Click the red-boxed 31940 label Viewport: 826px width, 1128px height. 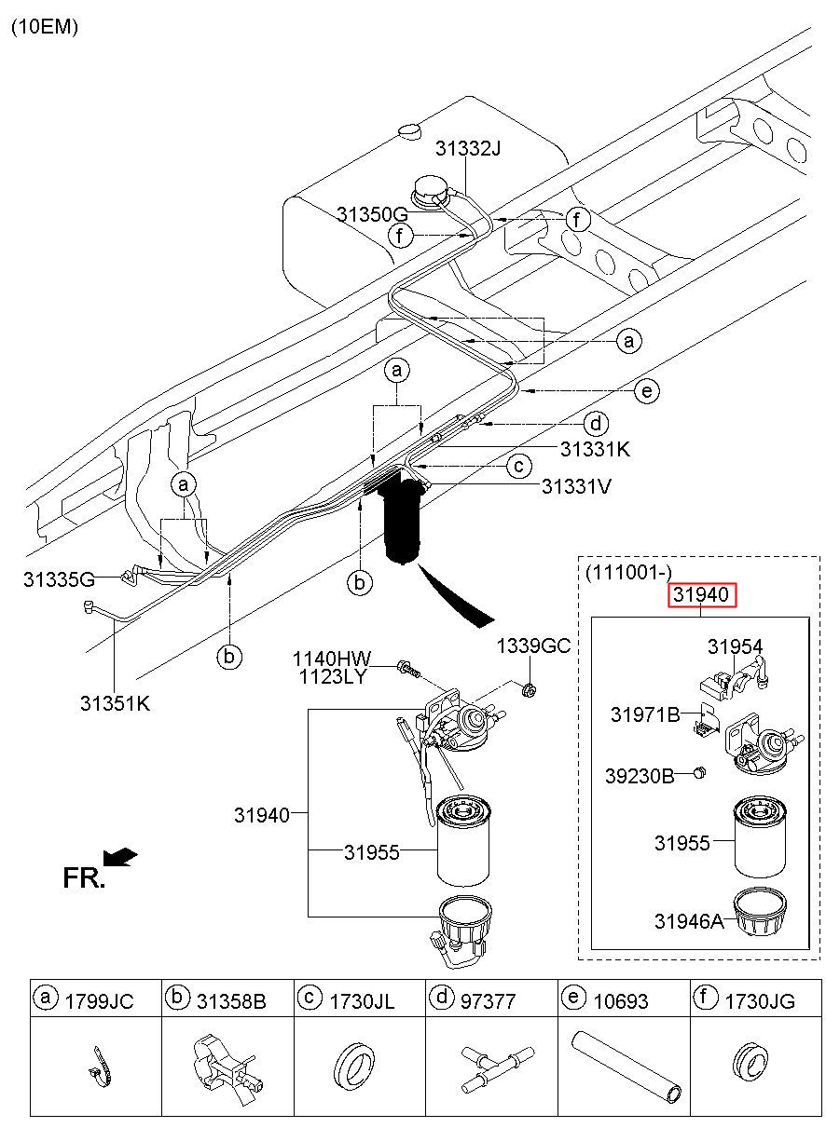click(x=701, y=594)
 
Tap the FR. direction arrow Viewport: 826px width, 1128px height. click(x=120, y=857)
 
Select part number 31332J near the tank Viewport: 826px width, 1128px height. click(x=468, y=148)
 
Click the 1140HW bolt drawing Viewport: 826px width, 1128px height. click(x=408, y=669)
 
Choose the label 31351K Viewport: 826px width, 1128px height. click(x=116, y=703)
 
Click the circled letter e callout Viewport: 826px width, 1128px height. click(x=647, y=391)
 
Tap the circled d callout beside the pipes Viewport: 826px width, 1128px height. click(x=596, y=424)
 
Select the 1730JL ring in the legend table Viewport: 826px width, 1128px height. click(x=354, y=1065)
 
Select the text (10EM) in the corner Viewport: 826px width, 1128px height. click(x=45, y=27)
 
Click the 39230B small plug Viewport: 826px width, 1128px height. click(x=699, y=772)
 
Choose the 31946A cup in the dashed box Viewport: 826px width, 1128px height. click(x=759, y=912)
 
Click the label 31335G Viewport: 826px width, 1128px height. click(x=59, y=579)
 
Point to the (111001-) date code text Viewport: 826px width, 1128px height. click(x=628, y=572)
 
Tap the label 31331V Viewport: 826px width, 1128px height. click(x=576, y=486)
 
